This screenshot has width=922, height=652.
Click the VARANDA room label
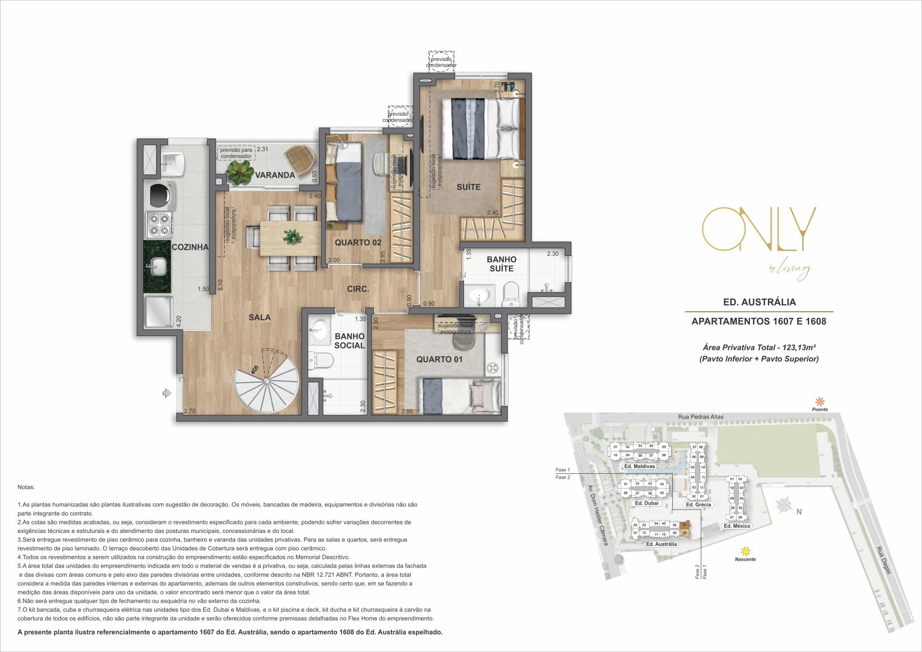tap(275, 175)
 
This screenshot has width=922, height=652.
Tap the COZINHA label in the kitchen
tap(190, 247)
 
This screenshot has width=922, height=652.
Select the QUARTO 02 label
tap(358, 242)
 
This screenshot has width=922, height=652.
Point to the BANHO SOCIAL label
tap(349, 341)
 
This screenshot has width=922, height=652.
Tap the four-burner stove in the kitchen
tap(159, 224)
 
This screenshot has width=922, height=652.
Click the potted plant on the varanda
tap(240, 171)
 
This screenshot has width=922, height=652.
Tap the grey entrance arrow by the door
tap(167, 394)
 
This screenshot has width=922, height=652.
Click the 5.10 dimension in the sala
tap(220, 286)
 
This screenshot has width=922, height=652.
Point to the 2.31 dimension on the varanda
tap(262, 149)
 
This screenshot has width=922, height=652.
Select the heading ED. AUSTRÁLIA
tap(759, 302)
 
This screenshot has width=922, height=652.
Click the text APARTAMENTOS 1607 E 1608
tap(759, 321)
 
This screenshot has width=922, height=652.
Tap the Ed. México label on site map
tap(737, 526)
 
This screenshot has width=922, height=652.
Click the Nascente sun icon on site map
tap(745, 551)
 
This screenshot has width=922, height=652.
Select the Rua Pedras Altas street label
tap(701, 417)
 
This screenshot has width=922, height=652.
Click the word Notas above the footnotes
tap(26, 487)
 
